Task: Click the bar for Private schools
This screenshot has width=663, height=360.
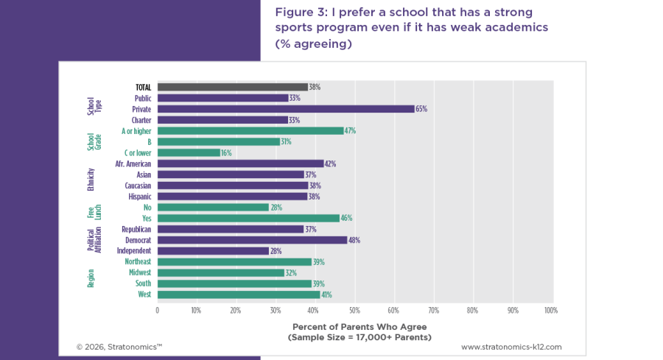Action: [286, 109]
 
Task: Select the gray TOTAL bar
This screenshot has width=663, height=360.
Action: [232, 87]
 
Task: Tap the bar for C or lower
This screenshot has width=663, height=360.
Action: [189, 152]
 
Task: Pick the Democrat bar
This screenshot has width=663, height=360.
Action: [252, 240]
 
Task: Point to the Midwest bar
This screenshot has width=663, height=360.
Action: [220, 272]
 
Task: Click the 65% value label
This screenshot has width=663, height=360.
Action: [421, 109]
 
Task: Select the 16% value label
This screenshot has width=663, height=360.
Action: [227, 152]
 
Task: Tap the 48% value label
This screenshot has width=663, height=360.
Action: [354, 240]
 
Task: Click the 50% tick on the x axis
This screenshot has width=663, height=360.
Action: [354, 311]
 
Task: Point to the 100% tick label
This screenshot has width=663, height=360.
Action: [550, 311]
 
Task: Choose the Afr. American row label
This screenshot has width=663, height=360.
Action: [133, 163]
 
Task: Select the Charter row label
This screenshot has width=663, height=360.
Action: [141, 120]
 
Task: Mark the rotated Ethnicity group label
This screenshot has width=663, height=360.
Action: [91, 180]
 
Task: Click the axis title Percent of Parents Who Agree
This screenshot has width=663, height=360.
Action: [359, 327]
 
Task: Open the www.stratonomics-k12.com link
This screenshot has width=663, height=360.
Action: [511, 346]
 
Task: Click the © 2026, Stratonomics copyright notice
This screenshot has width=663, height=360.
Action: [119, 346]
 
